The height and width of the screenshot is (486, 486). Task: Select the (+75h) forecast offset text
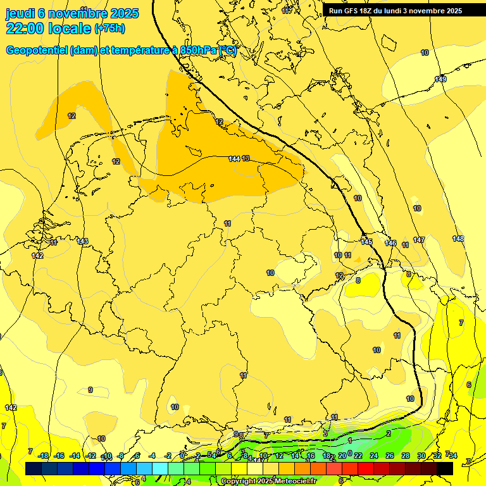(109, 29)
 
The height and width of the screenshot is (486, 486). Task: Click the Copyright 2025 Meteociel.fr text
(268, 482)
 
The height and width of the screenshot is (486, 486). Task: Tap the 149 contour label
(440, 79)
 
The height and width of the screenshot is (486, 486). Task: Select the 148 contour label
(458, 239)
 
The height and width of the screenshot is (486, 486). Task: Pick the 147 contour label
(419, 240)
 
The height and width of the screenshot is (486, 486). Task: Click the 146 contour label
(390, 243)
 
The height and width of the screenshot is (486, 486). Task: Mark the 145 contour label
(366, 242)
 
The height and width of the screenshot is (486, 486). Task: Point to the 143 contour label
(82, 241)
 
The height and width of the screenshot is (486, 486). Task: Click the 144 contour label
(234, 158)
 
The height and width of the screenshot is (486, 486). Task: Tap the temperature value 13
(246, 158)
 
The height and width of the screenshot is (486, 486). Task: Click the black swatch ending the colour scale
(445, 468)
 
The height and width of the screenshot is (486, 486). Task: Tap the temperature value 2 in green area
(388, 433)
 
